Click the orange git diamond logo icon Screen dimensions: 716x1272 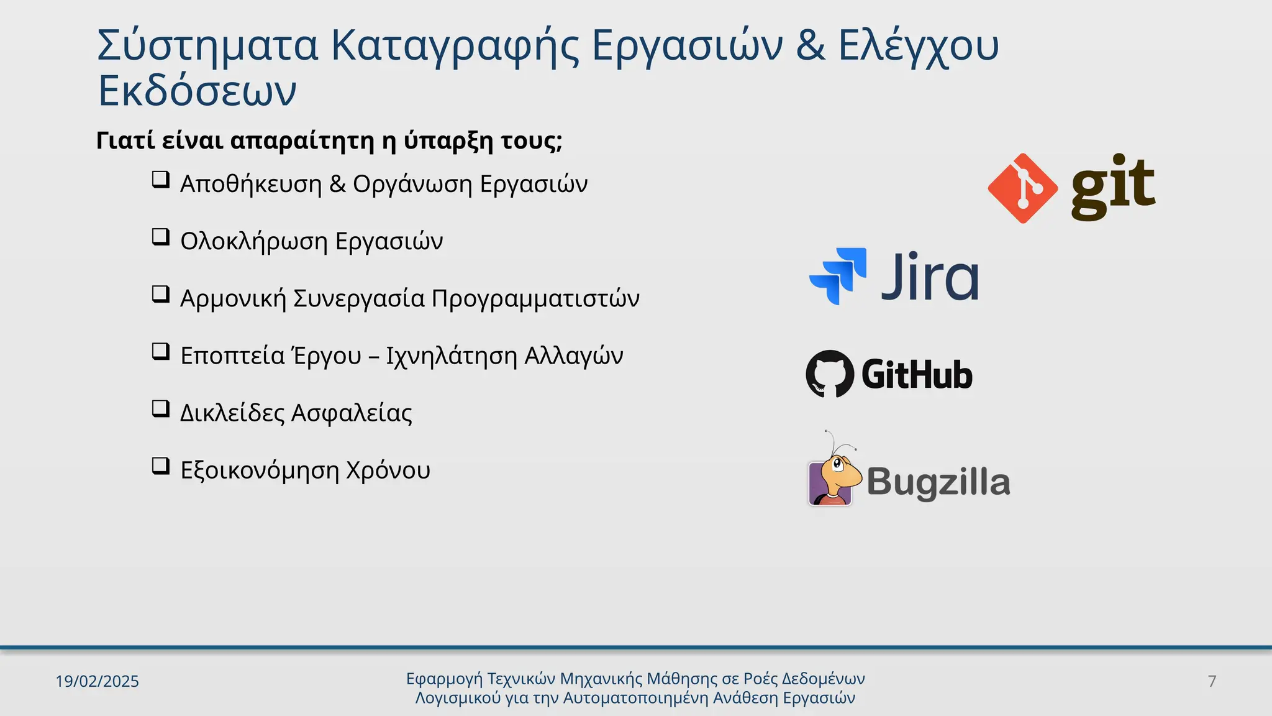click(1022, 188)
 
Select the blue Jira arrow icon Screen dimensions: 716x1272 click(838, 276)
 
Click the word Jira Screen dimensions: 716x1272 click(930, 277)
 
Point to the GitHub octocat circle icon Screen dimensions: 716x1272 click(830, 374)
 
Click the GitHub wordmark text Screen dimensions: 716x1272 click(917, 375)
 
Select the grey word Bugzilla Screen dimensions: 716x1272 click(938, 482)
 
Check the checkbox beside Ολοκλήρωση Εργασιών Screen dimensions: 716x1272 click(161, 237)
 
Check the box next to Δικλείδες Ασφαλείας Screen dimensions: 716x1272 click(161, 409)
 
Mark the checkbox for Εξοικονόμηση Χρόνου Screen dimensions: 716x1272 click(161, 466)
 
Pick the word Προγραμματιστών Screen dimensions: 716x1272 click(535, 298)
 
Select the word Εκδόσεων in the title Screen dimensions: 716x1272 click(198, 91)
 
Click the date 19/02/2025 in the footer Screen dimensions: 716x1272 click(97, 681)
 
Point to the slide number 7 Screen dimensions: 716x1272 click(1212, 681)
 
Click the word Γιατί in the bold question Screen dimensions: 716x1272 click(125, 140)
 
